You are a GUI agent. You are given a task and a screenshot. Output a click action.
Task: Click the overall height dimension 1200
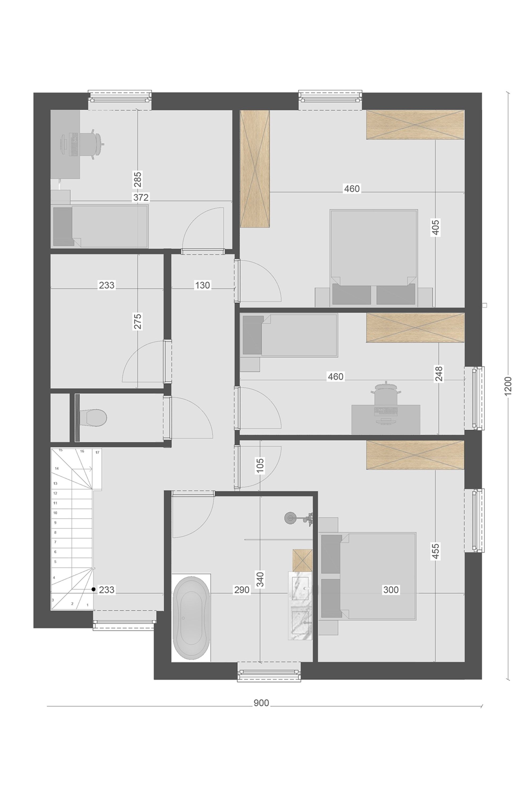508,386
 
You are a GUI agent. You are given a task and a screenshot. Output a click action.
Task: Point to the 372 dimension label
141,197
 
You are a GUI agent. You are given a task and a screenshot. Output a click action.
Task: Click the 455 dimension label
436,551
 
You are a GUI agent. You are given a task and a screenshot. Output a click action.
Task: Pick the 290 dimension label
242,590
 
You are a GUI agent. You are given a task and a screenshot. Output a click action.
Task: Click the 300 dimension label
391,590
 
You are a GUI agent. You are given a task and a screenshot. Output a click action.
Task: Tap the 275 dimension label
138,321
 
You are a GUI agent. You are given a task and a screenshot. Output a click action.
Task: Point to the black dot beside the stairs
94,590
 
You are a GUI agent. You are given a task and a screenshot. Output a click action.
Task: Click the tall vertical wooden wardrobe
255,169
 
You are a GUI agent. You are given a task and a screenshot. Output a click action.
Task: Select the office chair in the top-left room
92,144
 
